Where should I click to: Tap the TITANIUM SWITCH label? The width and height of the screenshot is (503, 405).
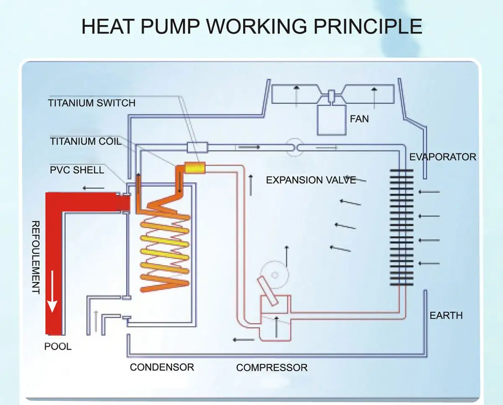92,103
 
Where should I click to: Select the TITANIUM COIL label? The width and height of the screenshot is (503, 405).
86,141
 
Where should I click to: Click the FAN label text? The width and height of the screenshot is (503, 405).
359,119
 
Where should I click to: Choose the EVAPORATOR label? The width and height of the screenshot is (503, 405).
443,157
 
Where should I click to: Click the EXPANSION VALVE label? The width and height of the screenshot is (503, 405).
311,180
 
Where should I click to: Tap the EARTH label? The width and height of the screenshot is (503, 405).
446,315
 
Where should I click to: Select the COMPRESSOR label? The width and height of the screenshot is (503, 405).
272,368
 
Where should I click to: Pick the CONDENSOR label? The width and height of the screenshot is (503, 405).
162,367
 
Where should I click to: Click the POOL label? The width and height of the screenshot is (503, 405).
58,347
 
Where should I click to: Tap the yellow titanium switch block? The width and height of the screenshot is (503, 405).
195,168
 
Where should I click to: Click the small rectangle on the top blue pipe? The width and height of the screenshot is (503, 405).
197,147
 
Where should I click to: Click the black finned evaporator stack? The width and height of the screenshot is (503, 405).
401,227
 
